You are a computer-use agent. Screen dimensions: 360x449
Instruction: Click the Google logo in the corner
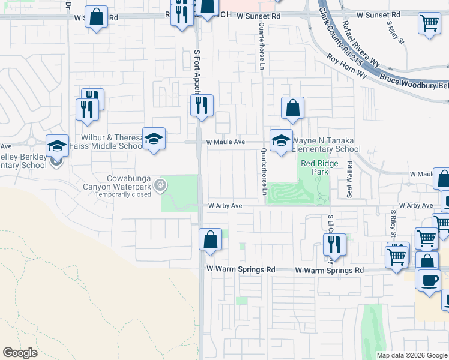(20, 353)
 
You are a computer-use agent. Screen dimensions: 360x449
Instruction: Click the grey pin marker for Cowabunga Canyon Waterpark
(160, 185)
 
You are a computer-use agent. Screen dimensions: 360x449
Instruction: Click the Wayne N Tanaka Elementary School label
(326, 145)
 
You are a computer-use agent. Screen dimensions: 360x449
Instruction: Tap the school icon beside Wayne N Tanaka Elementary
(281, 140)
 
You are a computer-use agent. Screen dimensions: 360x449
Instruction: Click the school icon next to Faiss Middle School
(154, 139)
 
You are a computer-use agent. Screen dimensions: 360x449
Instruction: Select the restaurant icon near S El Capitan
(335, 245)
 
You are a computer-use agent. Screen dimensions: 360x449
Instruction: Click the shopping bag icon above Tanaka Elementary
(292, 109)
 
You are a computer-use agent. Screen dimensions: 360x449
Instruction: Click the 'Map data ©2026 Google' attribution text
(411, 355)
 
